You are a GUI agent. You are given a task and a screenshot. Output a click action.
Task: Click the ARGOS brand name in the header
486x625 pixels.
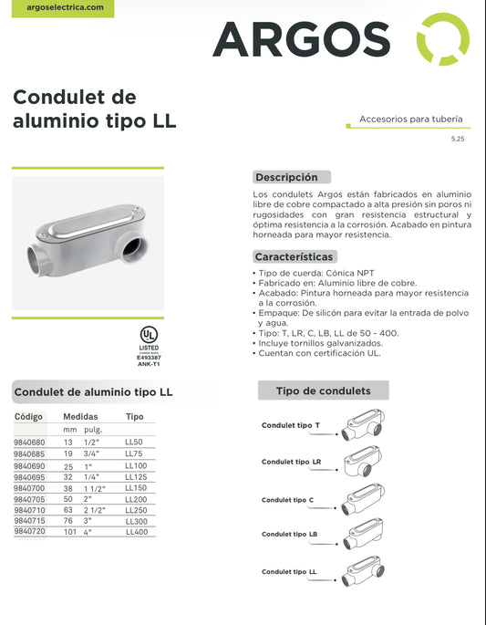[301, 38]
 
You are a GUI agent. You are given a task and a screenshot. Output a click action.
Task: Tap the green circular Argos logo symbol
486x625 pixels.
[442, 39]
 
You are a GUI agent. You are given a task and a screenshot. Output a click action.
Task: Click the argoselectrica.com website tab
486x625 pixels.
[52, 7]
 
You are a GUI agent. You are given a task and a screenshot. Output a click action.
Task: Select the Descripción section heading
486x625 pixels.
[286, 177]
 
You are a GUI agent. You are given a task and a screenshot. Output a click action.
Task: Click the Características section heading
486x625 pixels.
[294, 256]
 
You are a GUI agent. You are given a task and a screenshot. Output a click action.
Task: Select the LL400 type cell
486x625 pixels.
[136, 530]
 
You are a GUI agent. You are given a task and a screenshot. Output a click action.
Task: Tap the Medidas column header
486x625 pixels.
[80, 416]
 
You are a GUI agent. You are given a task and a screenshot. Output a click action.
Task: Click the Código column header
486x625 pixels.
[29, 416]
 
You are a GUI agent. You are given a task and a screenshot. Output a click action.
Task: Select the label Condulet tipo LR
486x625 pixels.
[291, 462]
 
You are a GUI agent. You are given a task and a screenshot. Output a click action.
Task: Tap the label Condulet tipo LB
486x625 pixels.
[290, 534]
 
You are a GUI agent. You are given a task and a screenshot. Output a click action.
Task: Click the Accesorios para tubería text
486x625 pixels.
[410, 120]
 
